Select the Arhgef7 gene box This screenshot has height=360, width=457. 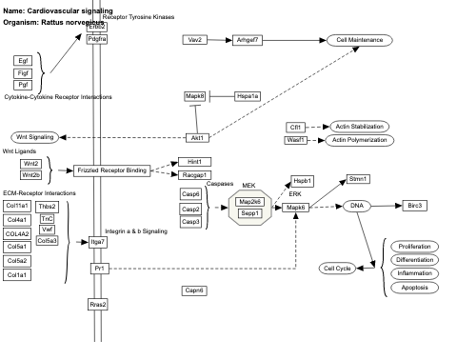tap(247, 40)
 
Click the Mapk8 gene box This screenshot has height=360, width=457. tap(195, 96)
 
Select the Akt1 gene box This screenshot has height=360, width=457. tap(198, 138)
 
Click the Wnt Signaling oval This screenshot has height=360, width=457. tap(34, 138)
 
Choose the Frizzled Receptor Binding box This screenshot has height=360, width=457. tap(111, 170)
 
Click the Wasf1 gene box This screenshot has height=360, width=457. tap(296, 140)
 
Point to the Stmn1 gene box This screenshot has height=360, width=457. tap(359, 178)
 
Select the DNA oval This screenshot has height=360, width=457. tap(356, 205)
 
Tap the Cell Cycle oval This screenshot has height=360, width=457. tap(338, 269)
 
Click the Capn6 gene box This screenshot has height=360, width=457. tap(195, 290)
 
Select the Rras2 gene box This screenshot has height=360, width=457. tap(97, 304)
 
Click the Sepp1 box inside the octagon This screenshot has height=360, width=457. tap(250, 213)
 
